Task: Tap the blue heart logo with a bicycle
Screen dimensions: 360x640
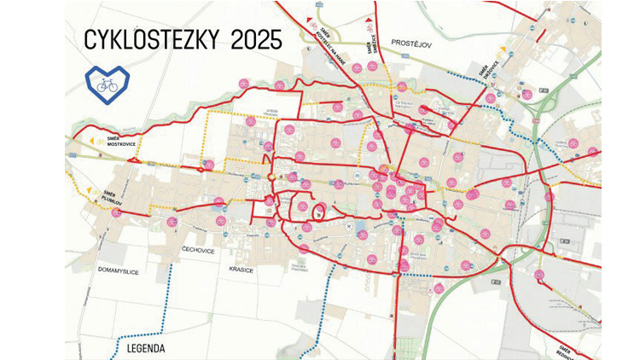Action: [x=107, y=83]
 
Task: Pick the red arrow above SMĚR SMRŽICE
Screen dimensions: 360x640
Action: [x=369, y=18]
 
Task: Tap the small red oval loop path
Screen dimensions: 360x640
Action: [x=317, y=212]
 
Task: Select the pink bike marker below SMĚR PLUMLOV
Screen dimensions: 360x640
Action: [x=116, y=212]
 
